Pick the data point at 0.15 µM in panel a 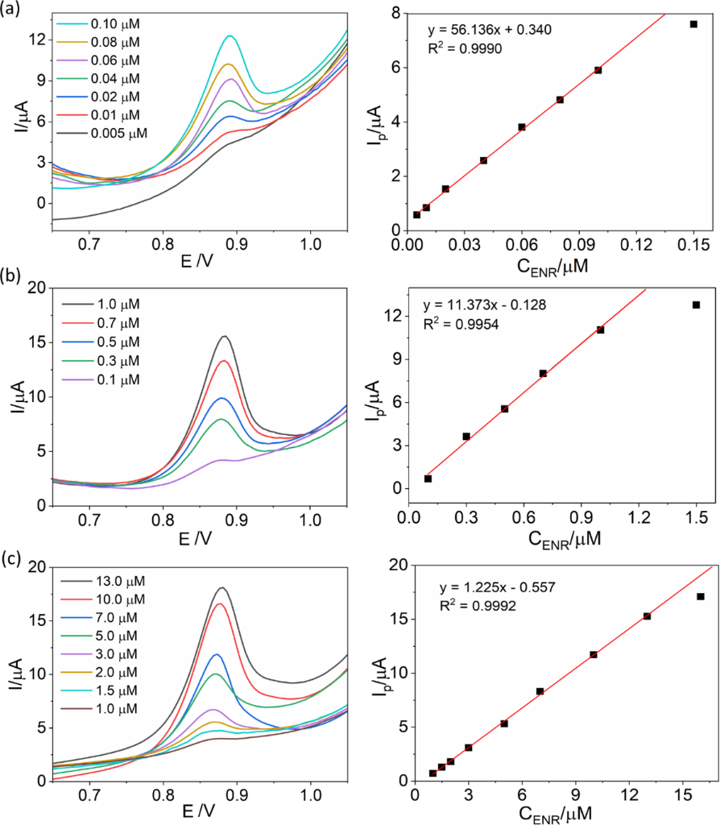(x=693, y=24)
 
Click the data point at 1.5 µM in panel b (x=696, y=305)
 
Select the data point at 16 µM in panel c (x=700, y=596)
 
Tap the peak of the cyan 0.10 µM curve (x=230, y=36)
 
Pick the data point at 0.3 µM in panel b (x=466, y=436)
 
